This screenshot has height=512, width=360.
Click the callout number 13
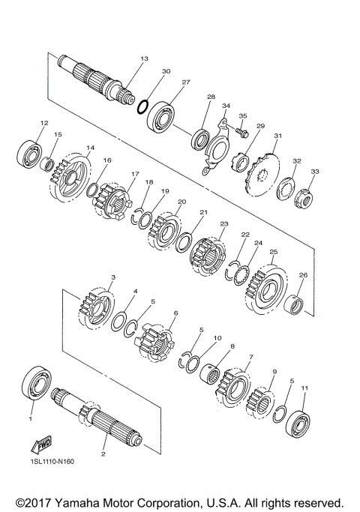pos(144,58)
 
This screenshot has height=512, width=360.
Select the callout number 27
pos(185,82)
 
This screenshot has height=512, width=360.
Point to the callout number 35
pos(242,115)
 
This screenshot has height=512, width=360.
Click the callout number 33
pos(314,172)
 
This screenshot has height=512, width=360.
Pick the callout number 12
pos(44,122)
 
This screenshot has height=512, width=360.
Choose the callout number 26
pos(303,275)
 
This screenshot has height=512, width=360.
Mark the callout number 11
pos(304,388)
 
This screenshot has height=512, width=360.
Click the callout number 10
pos(217,338)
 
